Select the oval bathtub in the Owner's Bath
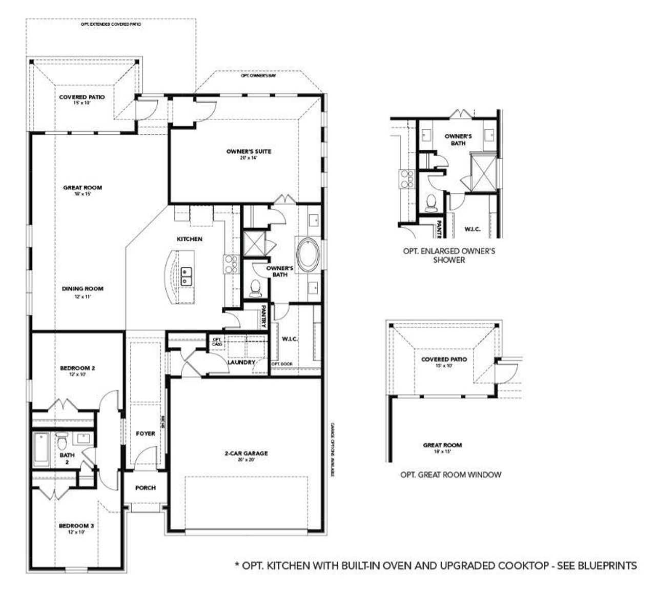(307, 254)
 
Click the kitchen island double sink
(187, 275)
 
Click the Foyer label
(146, 433)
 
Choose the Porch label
(146, 488)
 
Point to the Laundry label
(241, 362)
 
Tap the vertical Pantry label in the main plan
(263, 317)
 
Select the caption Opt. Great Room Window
(450, 475)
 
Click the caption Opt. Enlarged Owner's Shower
(448, 255)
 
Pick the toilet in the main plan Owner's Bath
(255, 289)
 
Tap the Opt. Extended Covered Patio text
(111, 24)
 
